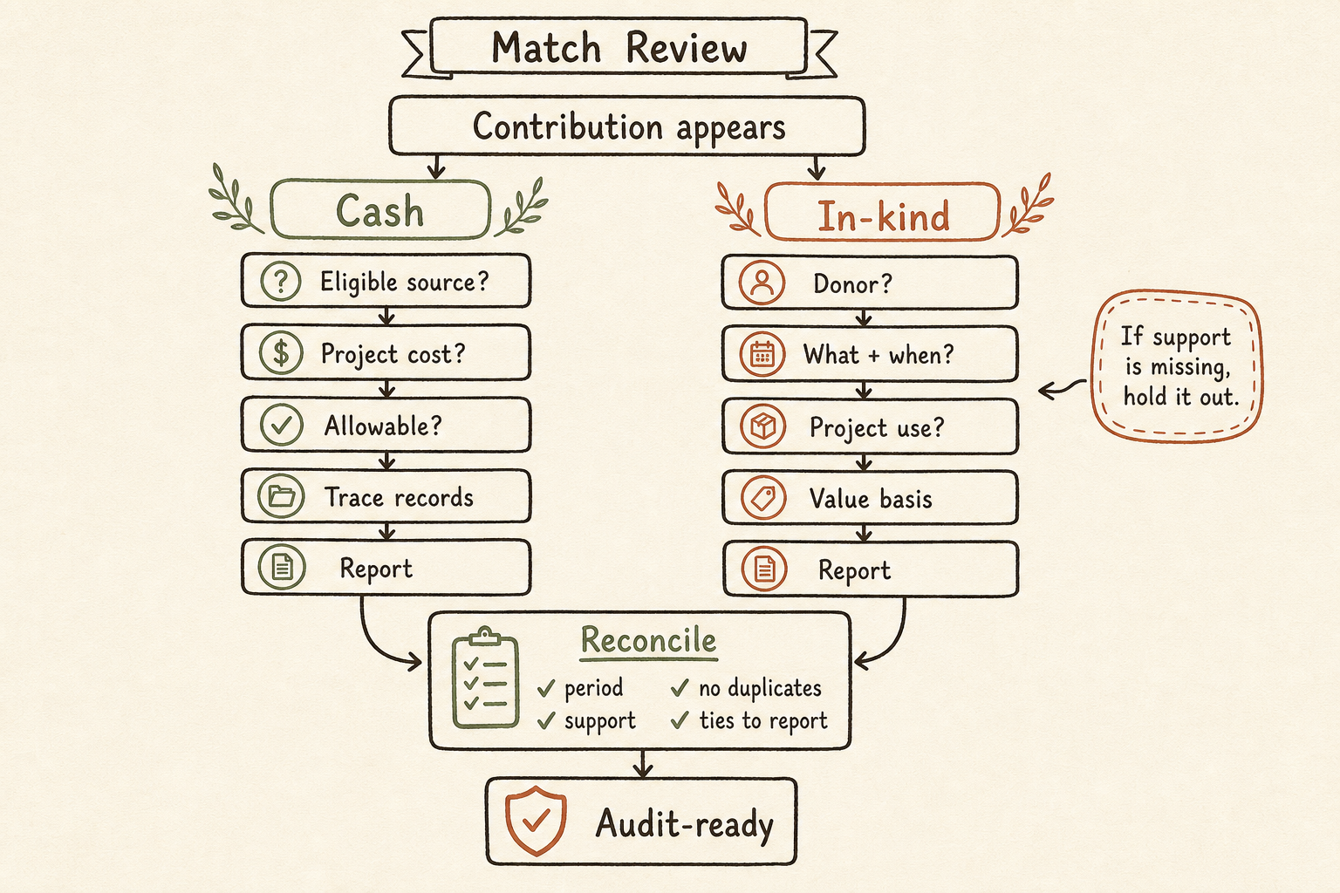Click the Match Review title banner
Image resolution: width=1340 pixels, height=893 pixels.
(619, 47)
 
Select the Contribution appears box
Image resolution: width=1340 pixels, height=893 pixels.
(627, 126)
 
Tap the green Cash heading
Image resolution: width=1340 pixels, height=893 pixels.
(380, 210)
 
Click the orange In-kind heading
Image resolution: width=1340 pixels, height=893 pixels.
(882, 214)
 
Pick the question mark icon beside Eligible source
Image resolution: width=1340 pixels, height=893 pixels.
(281, 281)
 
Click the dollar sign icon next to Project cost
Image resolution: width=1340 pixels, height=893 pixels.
(281, 353)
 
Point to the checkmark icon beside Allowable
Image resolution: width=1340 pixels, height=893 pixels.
(281, 425)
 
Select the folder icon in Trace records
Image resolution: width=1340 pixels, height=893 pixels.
(281, 496)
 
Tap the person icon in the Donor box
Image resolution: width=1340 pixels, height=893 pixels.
(762, 283)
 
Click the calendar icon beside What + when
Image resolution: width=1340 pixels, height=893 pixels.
(762, 355)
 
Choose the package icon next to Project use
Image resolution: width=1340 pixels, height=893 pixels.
(762, 427)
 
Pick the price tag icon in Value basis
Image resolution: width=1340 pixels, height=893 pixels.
(763, 498)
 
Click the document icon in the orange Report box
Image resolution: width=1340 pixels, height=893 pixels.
(764, 569)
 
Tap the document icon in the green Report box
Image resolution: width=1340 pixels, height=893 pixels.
(282, 567)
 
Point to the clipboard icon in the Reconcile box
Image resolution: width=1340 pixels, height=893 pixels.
(485, 678)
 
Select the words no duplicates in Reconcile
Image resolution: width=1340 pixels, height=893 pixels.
(760, 688)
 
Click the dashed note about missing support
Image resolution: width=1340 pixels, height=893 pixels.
(1177, 366)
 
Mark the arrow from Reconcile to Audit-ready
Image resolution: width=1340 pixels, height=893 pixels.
(642, 764)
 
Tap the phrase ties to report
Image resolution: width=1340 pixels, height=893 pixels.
(763, 720)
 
